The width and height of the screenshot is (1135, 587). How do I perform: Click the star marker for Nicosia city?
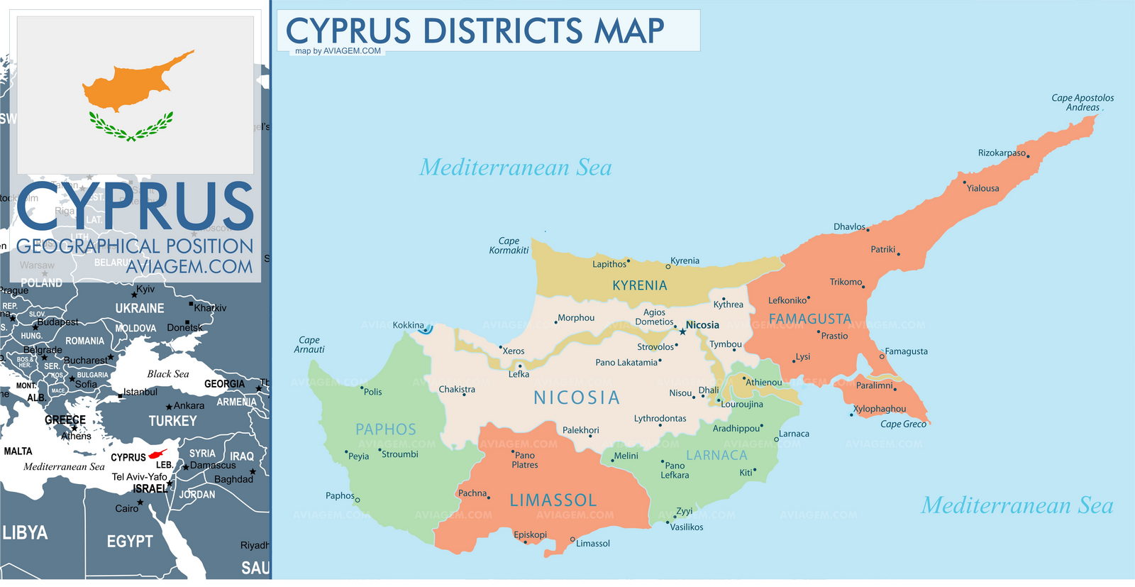coord(682,331)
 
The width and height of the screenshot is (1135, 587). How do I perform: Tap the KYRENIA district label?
coord(639,285)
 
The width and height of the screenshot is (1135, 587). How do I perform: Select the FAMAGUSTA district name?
coord(809,319)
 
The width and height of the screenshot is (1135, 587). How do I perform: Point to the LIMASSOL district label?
coord(553,500)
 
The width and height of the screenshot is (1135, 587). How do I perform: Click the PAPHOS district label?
coord(385,429)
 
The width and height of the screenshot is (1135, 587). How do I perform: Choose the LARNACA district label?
coord(716,455)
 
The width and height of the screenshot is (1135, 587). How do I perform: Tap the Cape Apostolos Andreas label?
coord(1082,103)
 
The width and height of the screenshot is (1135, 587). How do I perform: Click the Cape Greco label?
coord(902,424)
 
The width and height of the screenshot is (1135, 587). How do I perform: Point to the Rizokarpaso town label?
coord(1001,153)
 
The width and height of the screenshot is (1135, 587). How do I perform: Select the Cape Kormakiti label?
coord(509,246)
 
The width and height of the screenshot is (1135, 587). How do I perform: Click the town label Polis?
coord(372,392)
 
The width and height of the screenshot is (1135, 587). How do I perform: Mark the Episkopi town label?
coord(530,534)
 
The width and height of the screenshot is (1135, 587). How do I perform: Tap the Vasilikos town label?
coord(687,527)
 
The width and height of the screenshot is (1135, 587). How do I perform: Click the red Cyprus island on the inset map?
coord(157,454)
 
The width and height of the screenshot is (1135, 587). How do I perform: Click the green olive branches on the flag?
coord(131,128)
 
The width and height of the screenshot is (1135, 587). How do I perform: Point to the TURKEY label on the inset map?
coord(172,421)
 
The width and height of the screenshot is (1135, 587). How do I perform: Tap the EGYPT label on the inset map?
coord(129,542)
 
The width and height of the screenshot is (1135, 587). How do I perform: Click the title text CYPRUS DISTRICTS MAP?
coord(475,31)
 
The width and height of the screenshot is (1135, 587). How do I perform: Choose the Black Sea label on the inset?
coord(168,374)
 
